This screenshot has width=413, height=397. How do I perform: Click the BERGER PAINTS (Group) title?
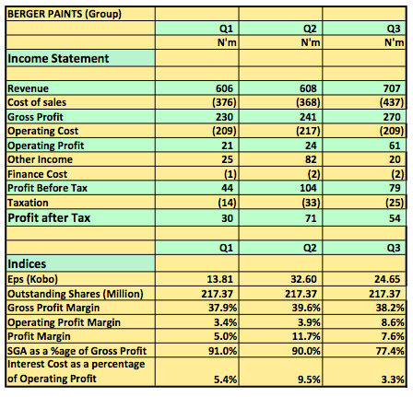click(65, 14)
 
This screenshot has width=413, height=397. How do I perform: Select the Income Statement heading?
click(58, 58)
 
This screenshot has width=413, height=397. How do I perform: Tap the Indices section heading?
click(27, 264)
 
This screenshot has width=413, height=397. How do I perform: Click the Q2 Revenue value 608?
click(308, 88)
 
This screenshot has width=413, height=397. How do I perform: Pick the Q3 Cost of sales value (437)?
click(392, 102)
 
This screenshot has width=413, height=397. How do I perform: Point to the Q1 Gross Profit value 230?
click(224, 117)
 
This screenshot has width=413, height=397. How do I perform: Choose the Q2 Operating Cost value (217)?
click(308, 131)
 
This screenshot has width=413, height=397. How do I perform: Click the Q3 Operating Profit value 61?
click(395, 146)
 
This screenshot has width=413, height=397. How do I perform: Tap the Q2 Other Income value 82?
click(311, 159)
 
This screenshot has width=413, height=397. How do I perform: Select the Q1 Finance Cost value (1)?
click(230, 174)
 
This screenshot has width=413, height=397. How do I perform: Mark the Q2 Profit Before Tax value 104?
click(308, 188)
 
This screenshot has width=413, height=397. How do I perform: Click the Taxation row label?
click(28, 203)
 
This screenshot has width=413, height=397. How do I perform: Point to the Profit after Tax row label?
click(49, 217)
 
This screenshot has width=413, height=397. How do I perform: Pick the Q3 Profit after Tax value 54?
click(395, 218)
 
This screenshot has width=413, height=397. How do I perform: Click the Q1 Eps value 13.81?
click(220, 279)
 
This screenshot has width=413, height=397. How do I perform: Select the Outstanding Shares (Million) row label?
click(76, 294)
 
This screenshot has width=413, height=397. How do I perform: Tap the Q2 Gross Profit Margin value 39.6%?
click(306, 308)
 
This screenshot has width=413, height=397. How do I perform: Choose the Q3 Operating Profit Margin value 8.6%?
click(393, 322)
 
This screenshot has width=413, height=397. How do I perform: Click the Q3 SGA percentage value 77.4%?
click(390, 351)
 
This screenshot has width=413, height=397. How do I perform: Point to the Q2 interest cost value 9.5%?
click(309, 379)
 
